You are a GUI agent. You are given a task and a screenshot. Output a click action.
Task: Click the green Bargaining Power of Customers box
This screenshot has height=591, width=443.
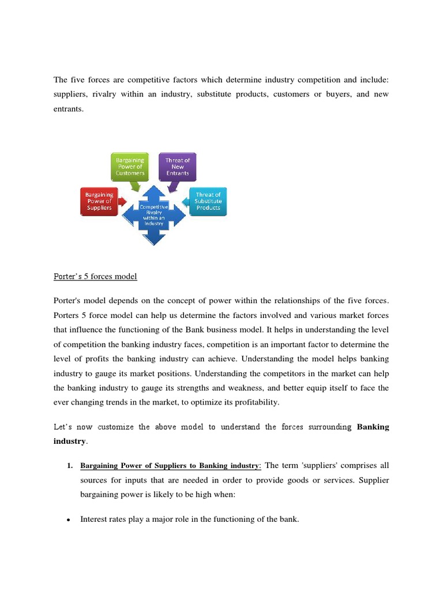click(130, 166)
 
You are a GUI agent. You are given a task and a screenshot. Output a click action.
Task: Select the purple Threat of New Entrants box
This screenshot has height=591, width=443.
click(177, 166)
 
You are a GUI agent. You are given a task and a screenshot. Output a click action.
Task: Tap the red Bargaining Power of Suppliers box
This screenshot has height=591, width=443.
click(98, 201)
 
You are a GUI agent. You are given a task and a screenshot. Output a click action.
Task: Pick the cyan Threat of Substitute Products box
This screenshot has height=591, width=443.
click(208, 201)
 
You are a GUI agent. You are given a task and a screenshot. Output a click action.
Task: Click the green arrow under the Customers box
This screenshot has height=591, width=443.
click(135, 186)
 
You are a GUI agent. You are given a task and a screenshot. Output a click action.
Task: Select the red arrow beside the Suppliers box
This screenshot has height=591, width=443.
click(122, 202)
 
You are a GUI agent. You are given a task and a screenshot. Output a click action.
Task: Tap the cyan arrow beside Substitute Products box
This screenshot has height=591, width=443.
click(186, 202)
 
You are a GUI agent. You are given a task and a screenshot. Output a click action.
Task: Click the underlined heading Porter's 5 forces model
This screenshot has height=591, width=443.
click(95, 276)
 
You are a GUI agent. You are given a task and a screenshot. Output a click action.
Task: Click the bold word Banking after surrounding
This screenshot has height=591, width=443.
click(373, 427)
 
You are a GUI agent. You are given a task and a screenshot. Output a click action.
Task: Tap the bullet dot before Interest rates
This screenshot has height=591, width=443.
click(68, 520)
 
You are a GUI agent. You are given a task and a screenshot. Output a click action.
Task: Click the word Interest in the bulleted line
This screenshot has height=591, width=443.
click(93, 519)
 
